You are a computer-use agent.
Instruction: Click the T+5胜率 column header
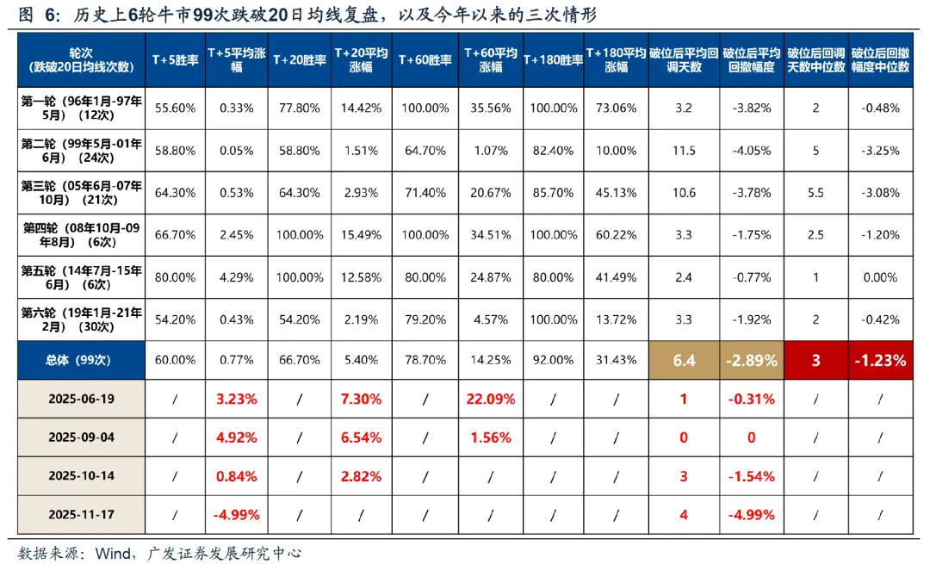[x=175, y=59]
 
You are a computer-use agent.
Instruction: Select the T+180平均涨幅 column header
[x=616, y=59]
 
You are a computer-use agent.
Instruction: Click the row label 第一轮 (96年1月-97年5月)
[x=83, y=108]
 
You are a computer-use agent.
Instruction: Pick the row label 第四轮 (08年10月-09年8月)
[x=83, y=235]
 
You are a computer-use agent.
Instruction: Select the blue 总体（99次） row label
[x=83, y=360]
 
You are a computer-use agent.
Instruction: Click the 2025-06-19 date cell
[x=83, y=400]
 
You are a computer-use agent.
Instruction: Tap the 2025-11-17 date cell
[x=83, y=515]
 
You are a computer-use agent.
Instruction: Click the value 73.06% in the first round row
[x=616, y=108]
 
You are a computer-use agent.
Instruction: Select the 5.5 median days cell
[x=815, y=193]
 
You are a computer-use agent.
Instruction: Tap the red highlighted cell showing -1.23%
[x=879, y=360]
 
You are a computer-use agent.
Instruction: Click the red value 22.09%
[x=491, y=400]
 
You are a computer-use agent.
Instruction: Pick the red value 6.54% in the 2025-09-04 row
[x=361, y=437]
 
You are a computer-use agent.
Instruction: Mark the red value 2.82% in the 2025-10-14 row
[x=361, y=476]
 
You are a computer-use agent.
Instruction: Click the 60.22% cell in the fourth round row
[x=616, y=235]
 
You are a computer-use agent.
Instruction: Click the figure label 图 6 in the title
[x=39, y=15]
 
